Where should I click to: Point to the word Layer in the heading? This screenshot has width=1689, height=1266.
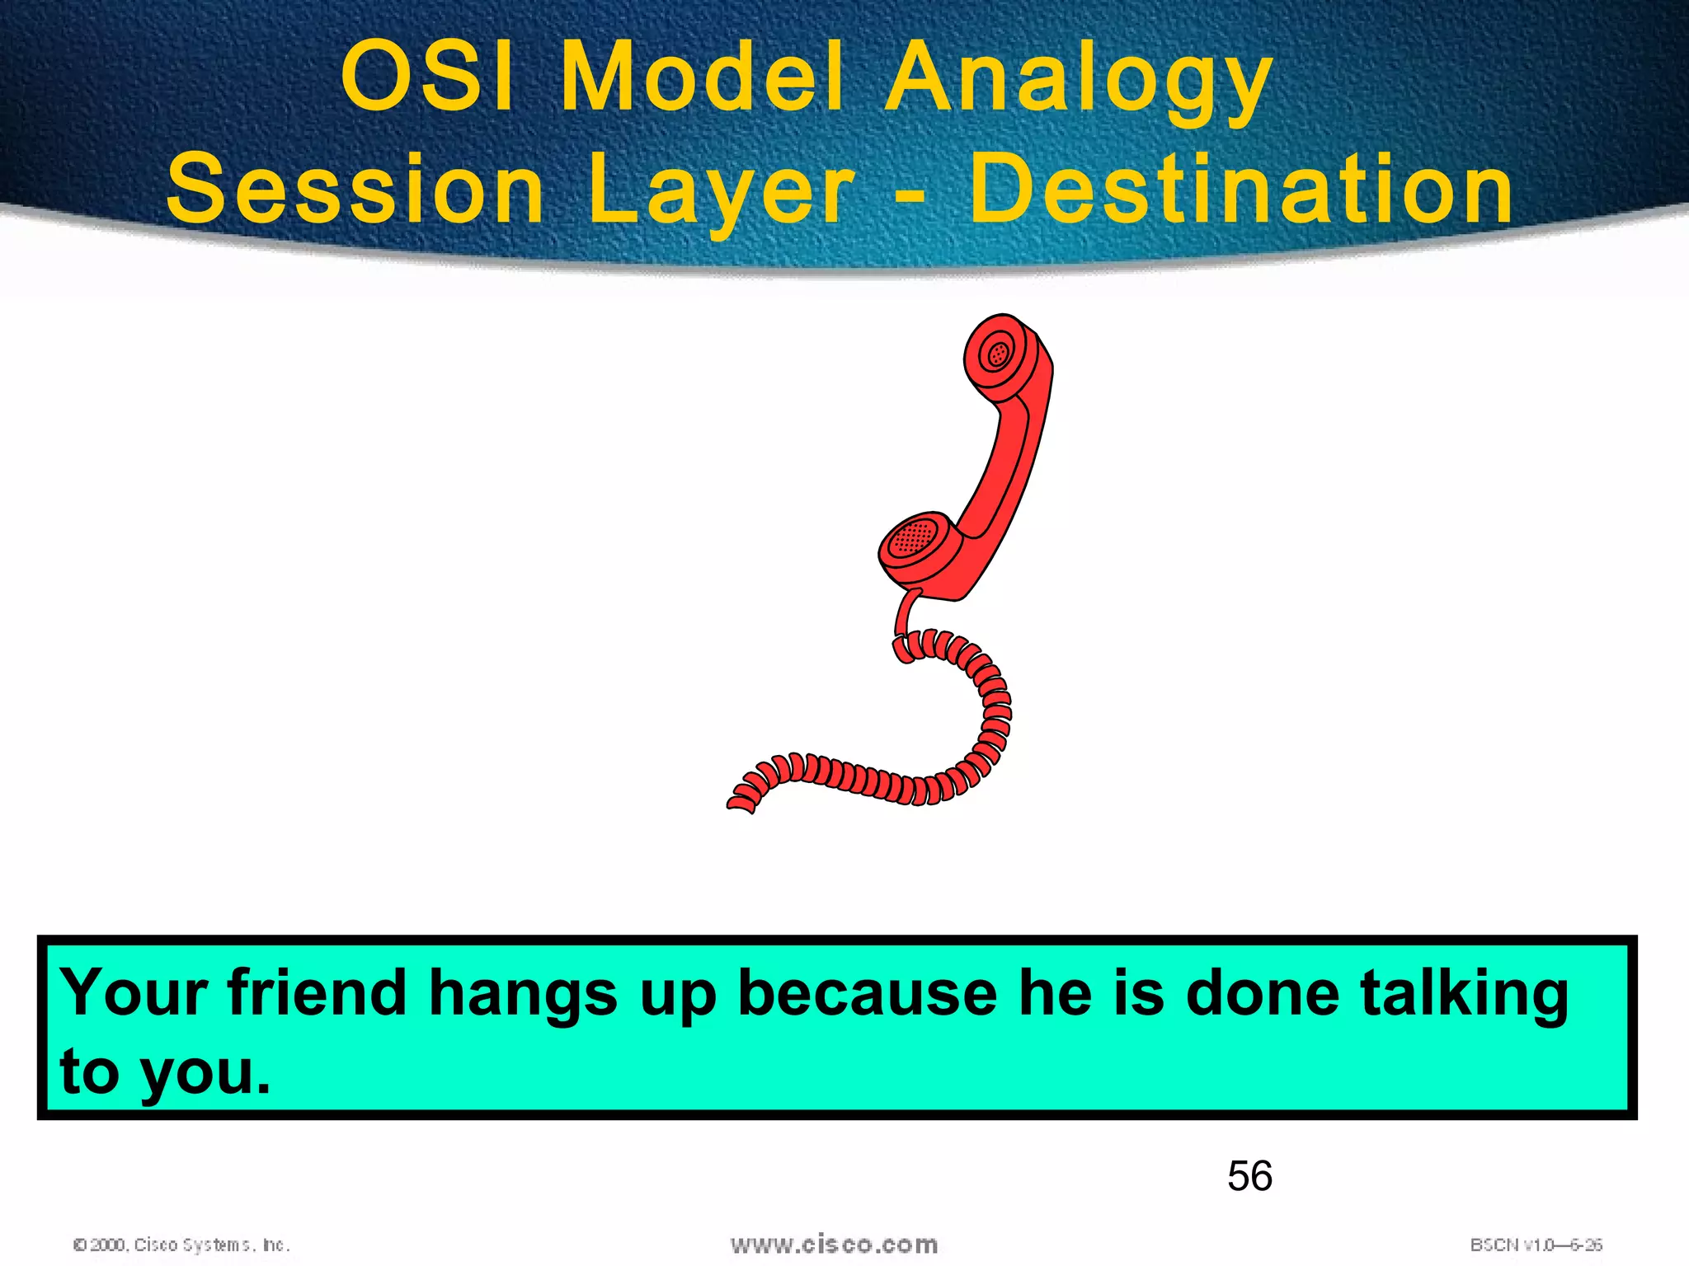click(x=721, y=191)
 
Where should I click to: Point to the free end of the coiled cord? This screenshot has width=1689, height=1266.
click(x=739, y=804)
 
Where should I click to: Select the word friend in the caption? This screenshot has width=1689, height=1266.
click(x=317, y=992)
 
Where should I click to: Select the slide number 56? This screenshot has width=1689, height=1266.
click(x=1249, y=1175)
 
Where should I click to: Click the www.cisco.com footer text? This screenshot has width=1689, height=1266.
click(x=834, y=1244)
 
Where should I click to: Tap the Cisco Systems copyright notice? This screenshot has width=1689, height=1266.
click(x=181, y=1245)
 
